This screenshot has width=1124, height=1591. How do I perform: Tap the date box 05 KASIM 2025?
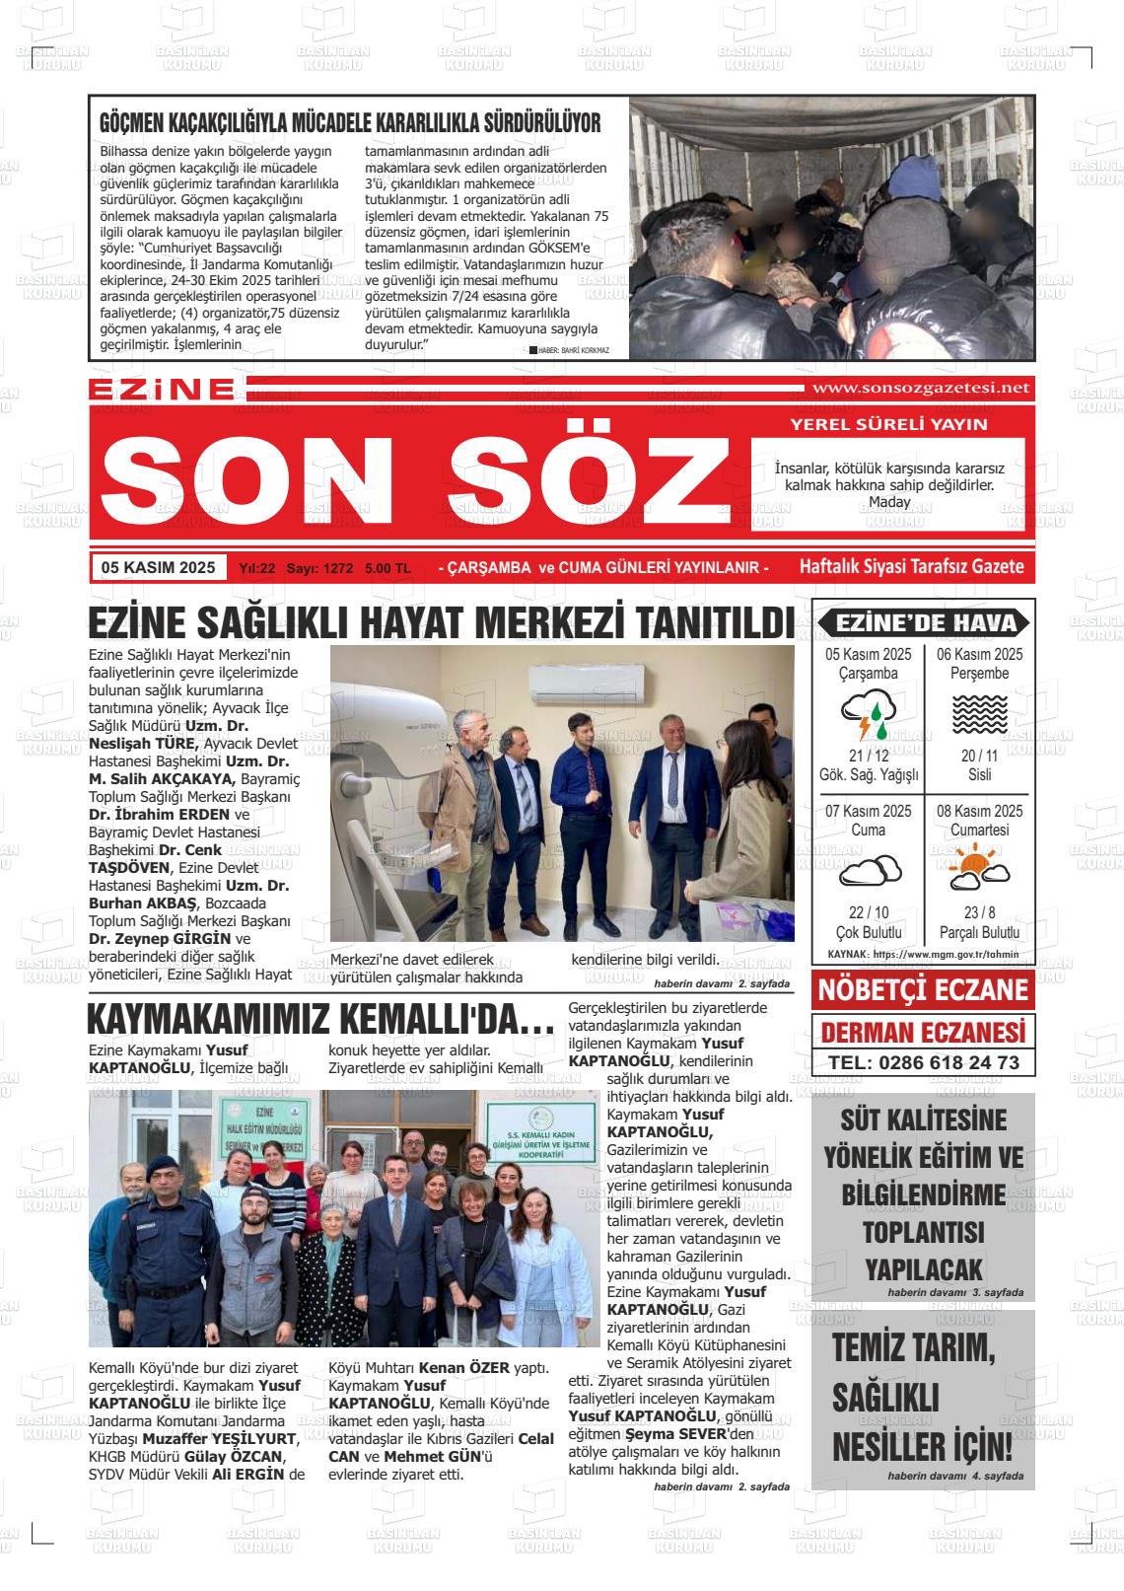(158, 567)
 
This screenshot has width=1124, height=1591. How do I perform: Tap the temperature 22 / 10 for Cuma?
(869, 913)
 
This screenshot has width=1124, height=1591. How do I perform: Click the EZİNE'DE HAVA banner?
(923, 622)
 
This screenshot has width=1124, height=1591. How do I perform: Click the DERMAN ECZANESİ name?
(923, 1032)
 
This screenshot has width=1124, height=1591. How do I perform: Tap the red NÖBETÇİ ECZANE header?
(923, 990)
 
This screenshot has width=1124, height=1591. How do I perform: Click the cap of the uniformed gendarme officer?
(164, 1163)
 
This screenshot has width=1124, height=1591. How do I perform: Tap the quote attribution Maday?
(889, 502)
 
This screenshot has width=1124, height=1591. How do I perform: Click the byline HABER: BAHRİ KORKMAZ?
(574, 350)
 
